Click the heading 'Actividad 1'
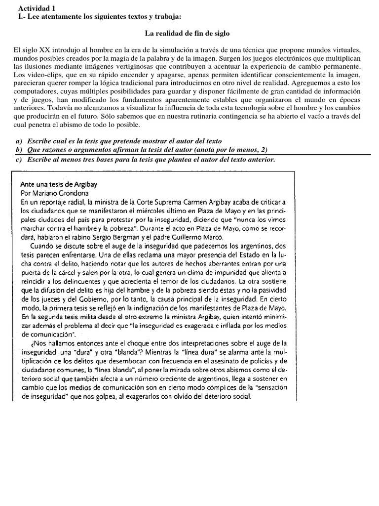(x=37, y=8)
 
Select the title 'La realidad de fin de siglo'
(x=187, y=34)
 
